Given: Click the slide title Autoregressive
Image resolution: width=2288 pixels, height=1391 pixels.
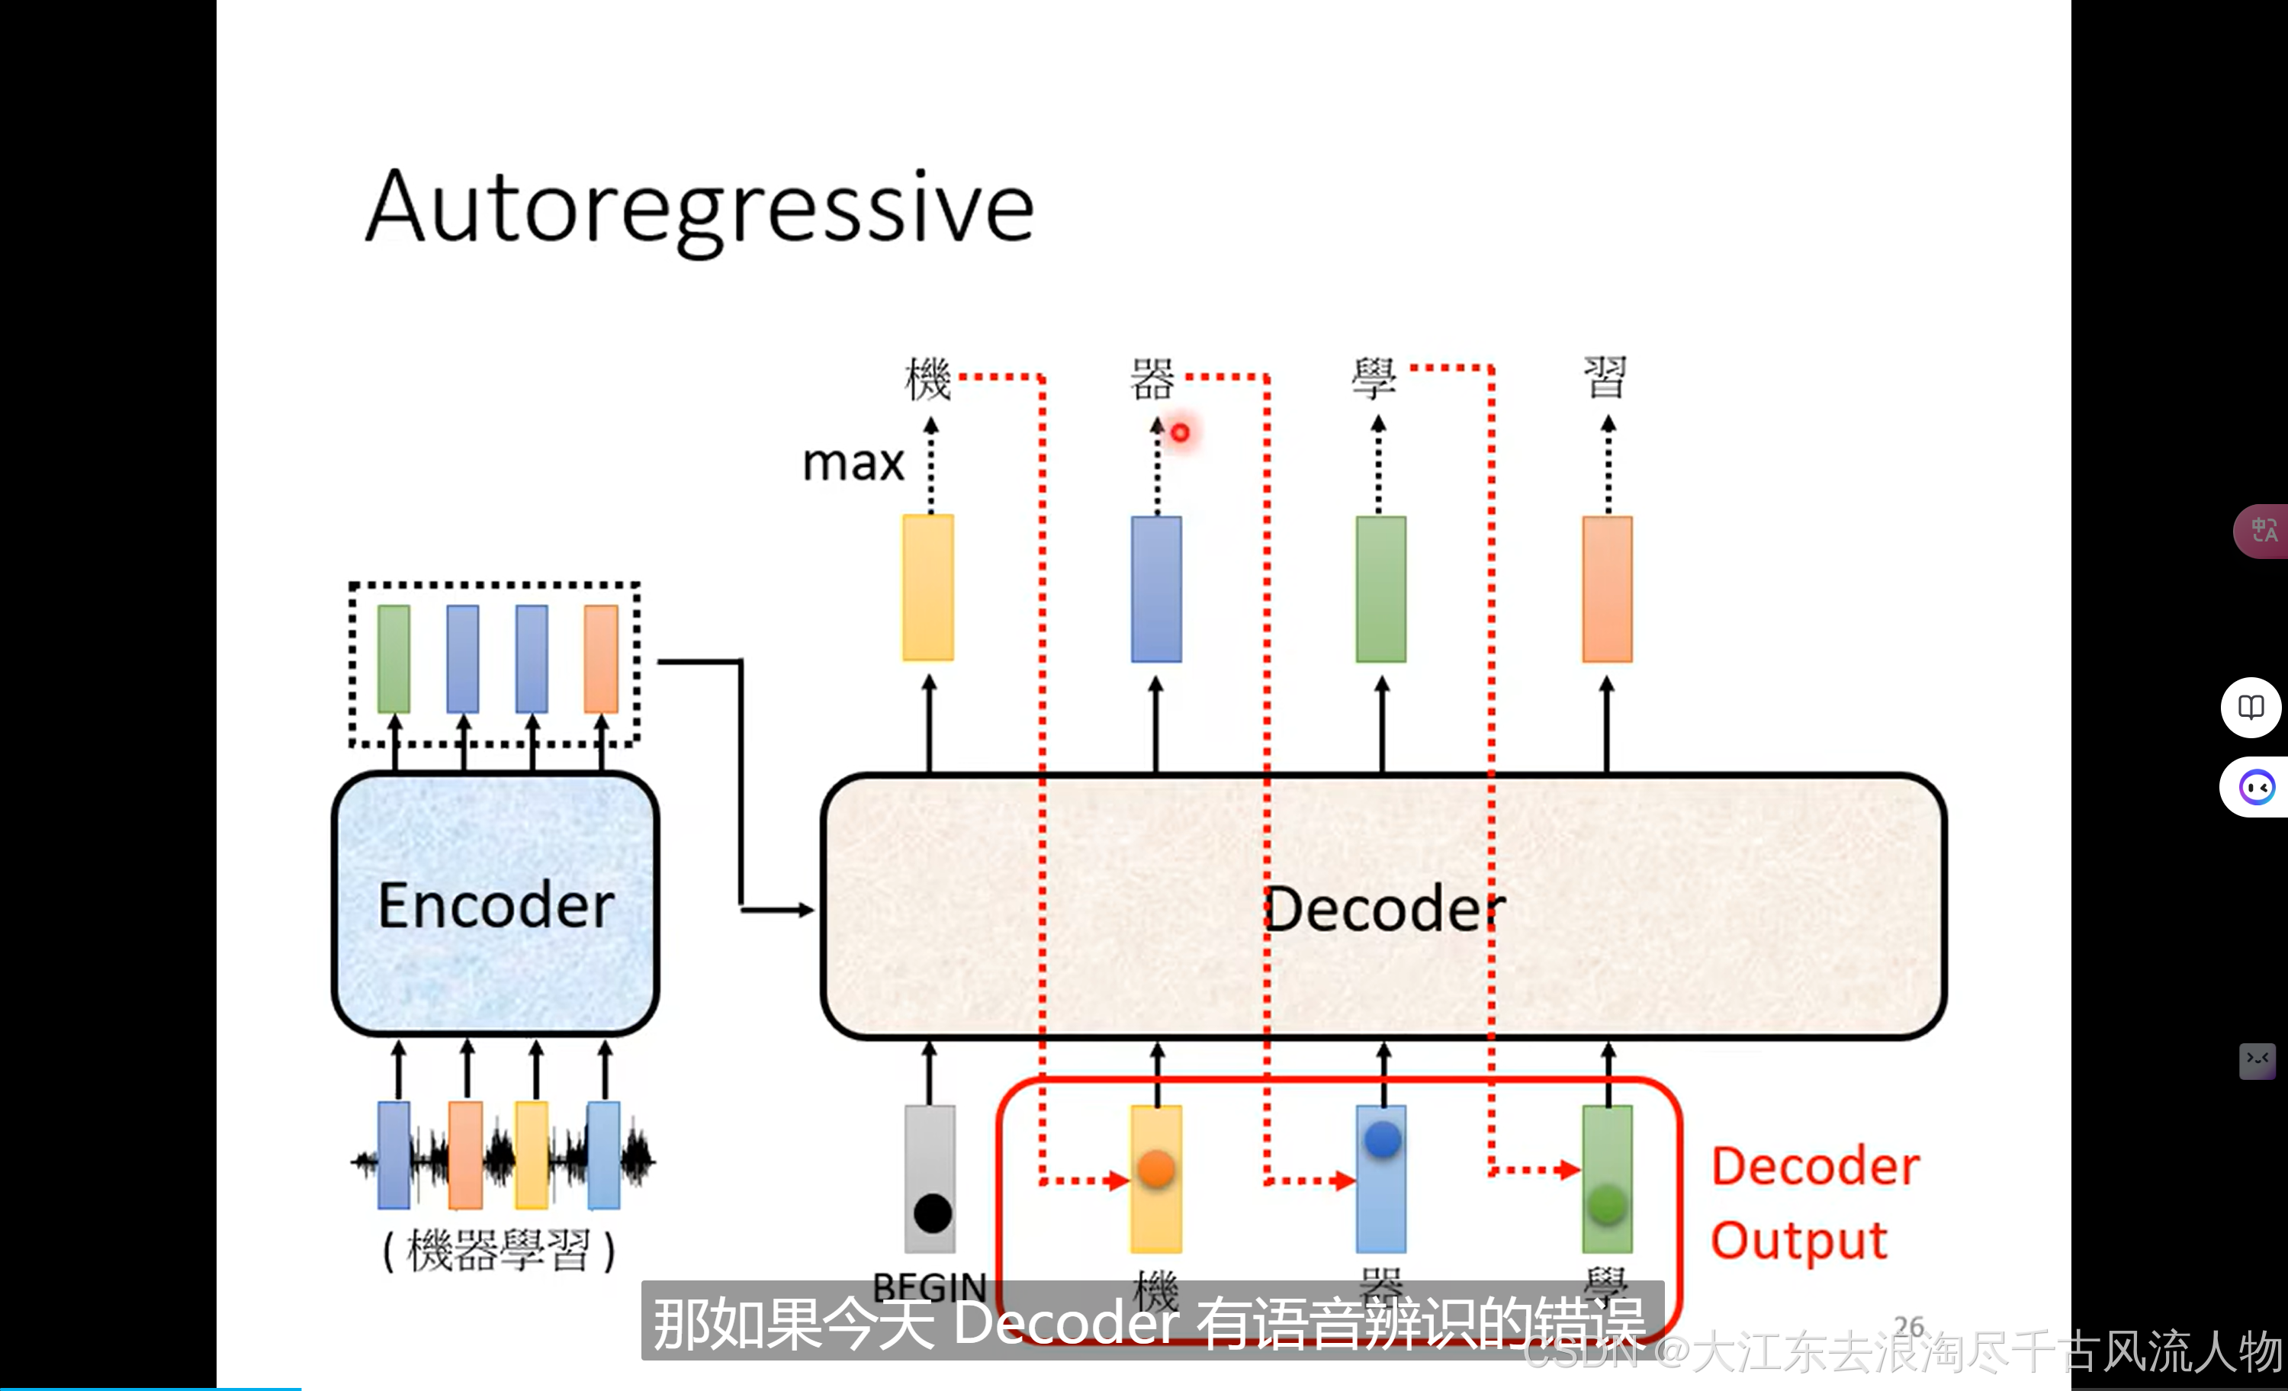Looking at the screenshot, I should [699, 209].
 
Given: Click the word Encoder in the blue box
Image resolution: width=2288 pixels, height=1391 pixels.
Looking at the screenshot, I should [496, 905].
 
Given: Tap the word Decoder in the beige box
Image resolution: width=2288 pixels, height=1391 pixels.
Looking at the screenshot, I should [1383, 909].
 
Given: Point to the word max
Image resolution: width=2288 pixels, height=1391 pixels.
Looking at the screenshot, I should [853, 462].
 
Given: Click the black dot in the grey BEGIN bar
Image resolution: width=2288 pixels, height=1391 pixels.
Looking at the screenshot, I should [932, 1213].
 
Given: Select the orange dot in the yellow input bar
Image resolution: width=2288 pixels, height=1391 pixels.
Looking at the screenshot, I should [1156, 1168].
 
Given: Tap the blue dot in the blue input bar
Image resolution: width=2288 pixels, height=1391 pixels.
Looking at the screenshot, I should [1383, 1139].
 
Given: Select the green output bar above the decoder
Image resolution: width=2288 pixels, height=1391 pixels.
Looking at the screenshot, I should [1380, 589].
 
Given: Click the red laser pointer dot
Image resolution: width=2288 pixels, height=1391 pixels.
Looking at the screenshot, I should [1180, 432].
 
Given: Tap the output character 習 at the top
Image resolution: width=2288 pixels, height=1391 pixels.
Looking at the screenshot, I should [1605, 377].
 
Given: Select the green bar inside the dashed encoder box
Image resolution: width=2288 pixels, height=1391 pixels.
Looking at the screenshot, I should [394, 658].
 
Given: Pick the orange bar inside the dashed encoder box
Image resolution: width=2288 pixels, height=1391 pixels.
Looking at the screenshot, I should [601, 658].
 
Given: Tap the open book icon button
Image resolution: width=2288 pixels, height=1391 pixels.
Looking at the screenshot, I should [2251, 708].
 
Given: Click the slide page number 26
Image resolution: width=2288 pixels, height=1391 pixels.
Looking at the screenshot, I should [1908, 1325].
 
